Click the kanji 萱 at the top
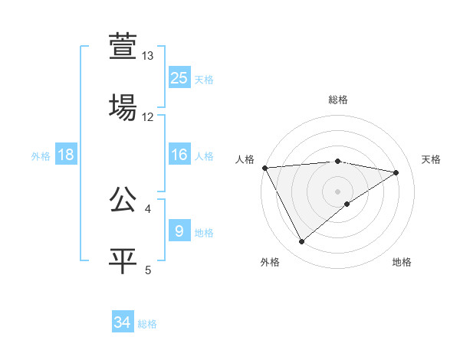[123, 46]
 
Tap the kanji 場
[123, 107]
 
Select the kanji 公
[123, 200]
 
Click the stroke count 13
[148, 56]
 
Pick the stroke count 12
[148, 117]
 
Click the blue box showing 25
[179, 77]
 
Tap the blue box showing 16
[179, 155]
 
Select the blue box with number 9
[179, 231]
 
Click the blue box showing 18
[66, 155]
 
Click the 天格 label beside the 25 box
[204, 80]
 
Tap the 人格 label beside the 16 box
[204, 156]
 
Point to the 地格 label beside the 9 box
[204, 233]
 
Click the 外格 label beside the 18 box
[41, 156]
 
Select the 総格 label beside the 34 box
[147, 325]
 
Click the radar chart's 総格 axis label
[337, 100]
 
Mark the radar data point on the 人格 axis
[264, 168]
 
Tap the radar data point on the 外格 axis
[301, 242]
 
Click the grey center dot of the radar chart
[337, 191]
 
